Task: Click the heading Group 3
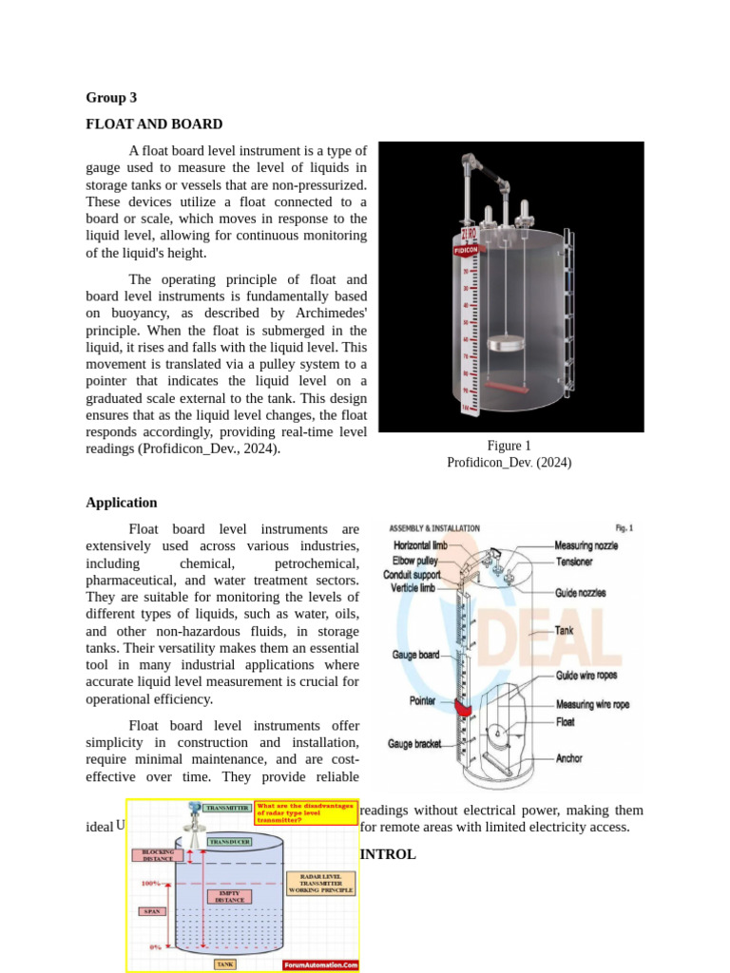(x=111, y=97)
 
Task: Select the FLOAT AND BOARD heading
(x=154, y=124)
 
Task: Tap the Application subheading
(x=122, y=503)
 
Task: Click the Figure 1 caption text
(x=509, y=446)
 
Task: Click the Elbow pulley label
(x=416, y=561)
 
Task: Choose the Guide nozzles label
(x=580, y=593)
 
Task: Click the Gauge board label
(x=415, y=655)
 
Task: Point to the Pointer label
(x=423, y=700)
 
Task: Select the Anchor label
(x=569, y=758)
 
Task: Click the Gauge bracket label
(x=414, y=744)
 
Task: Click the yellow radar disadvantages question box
(x=305, y=812)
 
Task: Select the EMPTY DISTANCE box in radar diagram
(x=229, y=895)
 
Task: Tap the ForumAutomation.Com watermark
(x=320, y=964)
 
